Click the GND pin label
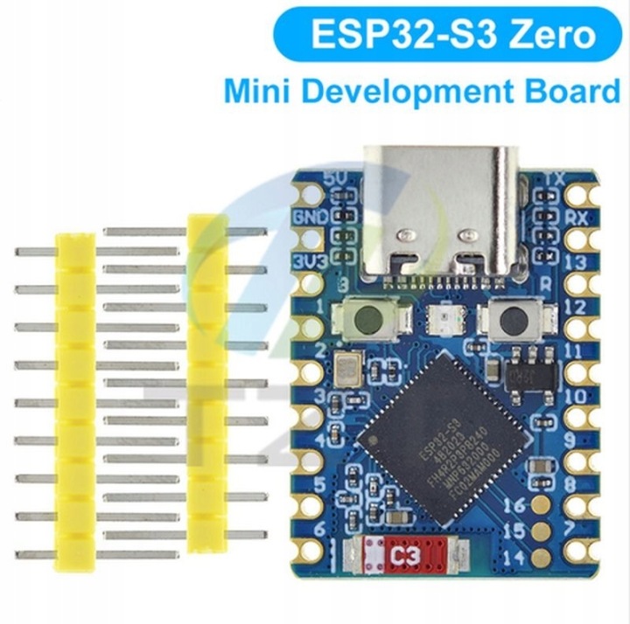[x=311, y=215]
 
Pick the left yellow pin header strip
[x=74, y=402]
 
